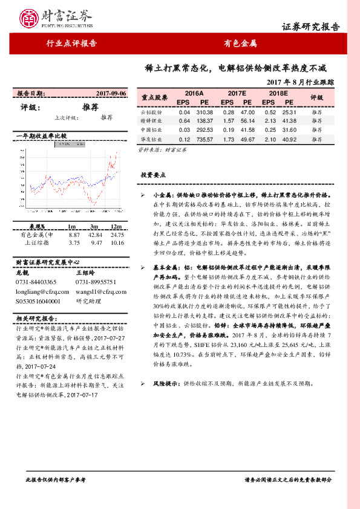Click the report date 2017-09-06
tap(111, 94)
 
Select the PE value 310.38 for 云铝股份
tap(205, 112)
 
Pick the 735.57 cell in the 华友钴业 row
tap(205, 140)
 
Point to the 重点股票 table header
tap(154, 97)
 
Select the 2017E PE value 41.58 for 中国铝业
tap(248, 131)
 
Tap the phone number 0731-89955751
tap(97, 282)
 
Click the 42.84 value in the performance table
tap(94, 235)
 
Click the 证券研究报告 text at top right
tap(311, 27)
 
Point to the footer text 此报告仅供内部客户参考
tap(55, 479)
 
